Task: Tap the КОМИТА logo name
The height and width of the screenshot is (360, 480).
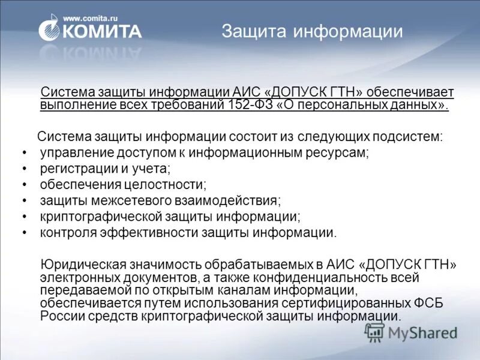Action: tap(101, 32)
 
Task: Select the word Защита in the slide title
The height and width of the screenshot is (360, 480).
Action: tap(254, 31)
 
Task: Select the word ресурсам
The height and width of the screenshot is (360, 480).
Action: tap(338, 153)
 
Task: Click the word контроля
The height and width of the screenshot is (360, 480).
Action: tap(68, 232)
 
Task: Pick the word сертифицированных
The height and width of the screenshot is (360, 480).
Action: tap(349, 304)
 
